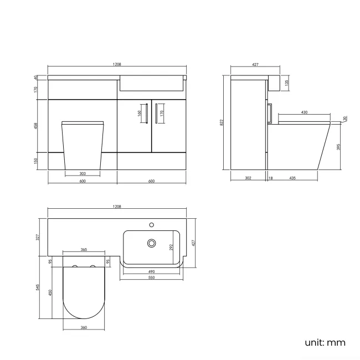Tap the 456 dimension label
pos(35,125)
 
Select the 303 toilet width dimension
pos(82,173)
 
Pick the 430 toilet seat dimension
pos(304,113)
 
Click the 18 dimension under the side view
pos(270,178)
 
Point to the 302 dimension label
pos(248,178)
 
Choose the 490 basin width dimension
pos(151,272)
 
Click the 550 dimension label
pos(151,277)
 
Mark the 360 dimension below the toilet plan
pos(83,328)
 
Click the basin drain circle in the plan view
pos(151,243)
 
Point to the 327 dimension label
pos(37,236)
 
